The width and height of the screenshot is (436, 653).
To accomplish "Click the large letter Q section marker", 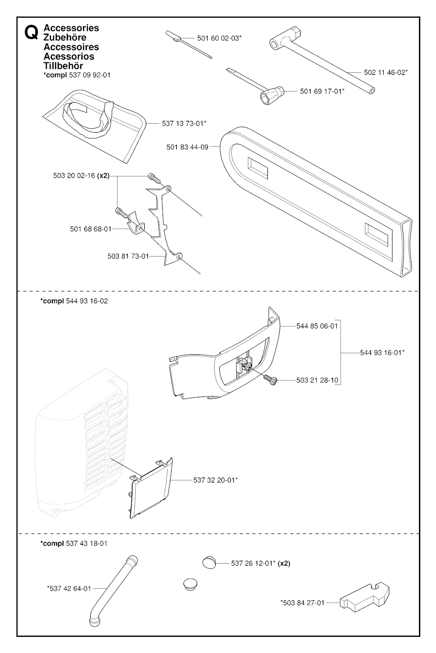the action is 31,33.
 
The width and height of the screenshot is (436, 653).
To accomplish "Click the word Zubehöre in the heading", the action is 65,37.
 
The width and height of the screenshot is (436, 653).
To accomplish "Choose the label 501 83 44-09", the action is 187,147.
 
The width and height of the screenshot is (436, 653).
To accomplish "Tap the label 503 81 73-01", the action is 128,256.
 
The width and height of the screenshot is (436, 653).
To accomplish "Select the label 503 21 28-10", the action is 317,380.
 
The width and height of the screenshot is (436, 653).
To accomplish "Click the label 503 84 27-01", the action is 302,602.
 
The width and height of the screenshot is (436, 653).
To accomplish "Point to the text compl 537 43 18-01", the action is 74,543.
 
